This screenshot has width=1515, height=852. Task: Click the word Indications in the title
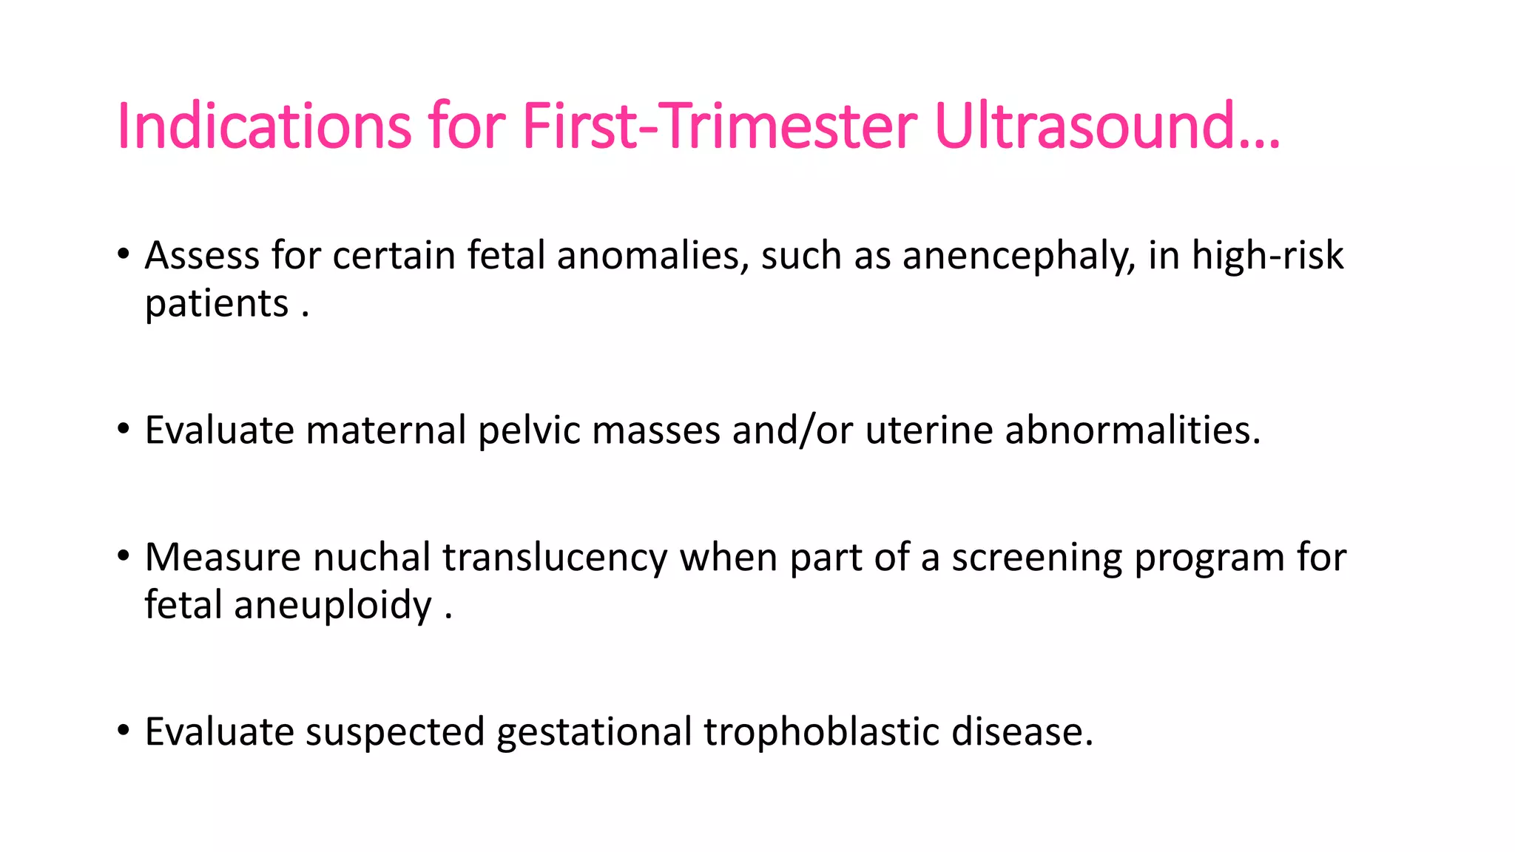tap(263, 126)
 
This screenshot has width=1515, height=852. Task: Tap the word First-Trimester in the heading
tap(719, 126)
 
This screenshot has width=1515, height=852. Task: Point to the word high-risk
tap(1267, 256)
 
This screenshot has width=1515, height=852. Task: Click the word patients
tap(217, 304)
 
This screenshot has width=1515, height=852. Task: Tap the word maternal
tap(386, 430)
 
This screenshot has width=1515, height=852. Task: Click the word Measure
tap(223, 558)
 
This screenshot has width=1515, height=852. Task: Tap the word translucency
tap(555, 558)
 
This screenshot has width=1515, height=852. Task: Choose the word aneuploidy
tap(333, 606)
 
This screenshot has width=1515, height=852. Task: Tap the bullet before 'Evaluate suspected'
tap(123, 731)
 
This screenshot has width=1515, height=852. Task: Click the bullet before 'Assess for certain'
tap(123, 254)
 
